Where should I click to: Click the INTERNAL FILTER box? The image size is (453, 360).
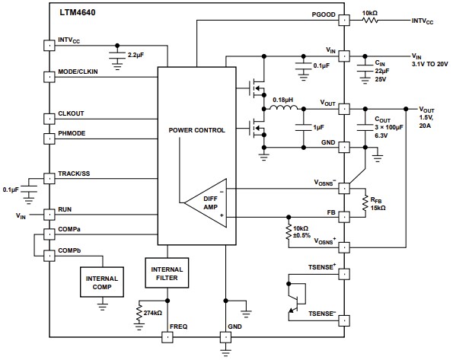(x=166, y=274)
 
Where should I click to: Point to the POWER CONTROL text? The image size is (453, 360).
(x=196, y=130)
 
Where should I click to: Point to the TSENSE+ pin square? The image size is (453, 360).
(x=344, y=272)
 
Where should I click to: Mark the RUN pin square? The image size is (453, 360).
(x=48, y=215)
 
